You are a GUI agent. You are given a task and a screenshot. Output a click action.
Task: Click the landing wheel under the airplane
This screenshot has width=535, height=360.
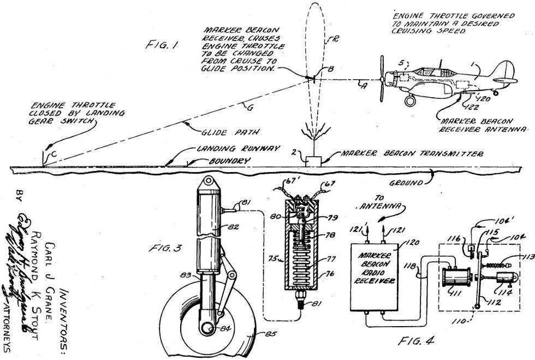[410, 101]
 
